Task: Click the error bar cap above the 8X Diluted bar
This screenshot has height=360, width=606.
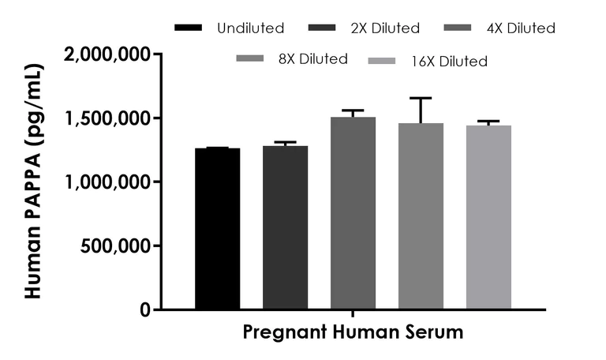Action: point(421,98)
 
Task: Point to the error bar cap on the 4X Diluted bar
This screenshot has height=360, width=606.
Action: point(353,111)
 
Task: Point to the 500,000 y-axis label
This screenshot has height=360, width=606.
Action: point(118,246)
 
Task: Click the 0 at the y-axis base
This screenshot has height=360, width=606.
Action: point(147,309)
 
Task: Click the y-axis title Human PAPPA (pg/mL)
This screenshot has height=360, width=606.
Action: point(33,182)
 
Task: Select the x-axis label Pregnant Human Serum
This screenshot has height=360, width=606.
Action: point(353,332)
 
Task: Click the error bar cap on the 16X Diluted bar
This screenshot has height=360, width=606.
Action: point(488,122)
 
